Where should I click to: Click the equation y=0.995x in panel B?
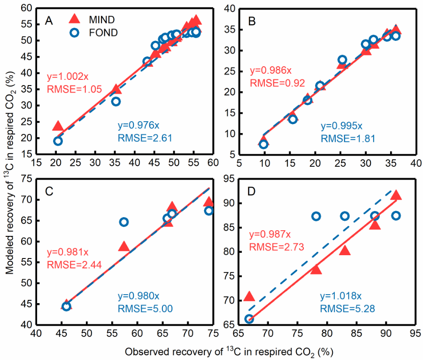click(341, 125)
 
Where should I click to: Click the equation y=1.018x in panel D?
click(341, 297)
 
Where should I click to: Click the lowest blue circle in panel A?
click(58, 141)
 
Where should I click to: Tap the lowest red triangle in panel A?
click(58, 126)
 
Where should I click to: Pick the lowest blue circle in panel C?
click(66, 306)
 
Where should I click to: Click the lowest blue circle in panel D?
click(249, 319)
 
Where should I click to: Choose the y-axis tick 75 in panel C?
click(26, 179)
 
